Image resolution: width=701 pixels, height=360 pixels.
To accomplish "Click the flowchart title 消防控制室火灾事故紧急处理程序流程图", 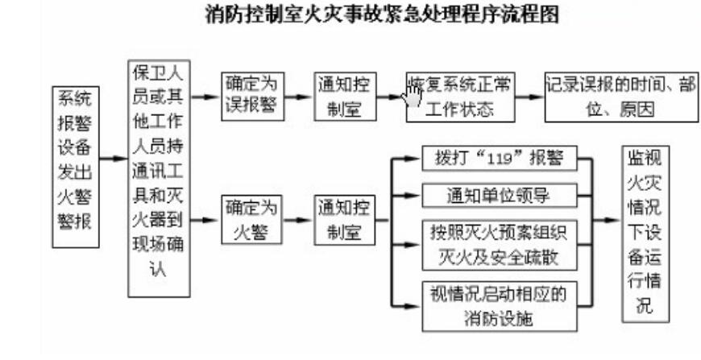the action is [x=382, y=14].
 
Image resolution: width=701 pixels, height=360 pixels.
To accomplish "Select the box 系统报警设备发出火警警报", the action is [x=76, y=167].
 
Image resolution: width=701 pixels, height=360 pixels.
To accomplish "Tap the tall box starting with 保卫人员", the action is [x=159, y=179].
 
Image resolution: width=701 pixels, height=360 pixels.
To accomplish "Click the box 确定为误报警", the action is [x=252, y=97].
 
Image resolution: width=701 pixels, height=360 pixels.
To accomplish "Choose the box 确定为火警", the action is [x=251, y=220].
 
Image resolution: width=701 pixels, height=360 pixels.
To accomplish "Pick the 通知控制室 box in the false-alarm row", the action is [x=345, y=97].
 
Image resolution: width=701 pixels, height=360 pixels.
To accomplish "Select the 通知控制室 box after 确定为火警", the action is [x=344, y=220].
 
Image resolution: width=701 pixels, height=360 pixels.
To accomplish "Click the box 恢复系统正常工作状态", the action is [x=460, y=97].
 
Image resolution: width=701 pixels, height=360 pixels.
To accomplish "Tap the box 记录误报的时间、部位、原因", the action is [x=621, y=97].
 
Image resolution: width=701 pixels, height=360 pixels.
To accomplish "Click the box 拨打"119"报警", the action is [x=500, y=158].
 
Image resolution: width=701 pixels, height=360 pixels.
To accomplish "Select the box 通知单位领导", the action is [x=500, y=195].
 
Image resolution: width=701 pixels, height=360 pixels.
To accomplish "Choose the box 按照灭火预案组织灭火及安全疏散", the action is [x=500, y=245].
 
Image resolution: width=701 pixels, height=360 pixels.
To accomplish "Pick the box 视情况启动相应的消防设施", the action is [x=500, y=306].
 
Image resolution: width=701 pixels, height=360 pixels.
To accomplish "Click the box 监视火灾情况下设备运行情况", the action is [x=645, y=234].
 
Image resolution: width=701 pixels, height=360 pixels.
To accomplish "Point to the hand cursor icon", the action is [x=411, y=95].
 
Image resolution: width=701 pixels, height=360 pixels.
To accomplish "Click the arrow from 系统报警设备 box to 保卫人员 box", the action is [x=114, y=159].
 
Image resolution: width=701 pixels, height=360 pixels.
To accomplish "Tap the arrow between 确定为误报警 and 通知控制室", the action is [x=299, y=97].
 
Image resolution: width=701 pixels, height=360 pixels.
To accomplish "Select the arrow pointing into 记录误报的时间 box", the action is [x=529, y=97].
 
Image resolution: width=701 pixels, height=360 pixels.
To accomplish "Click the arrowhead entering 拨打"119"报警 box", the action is [x=413, y=158].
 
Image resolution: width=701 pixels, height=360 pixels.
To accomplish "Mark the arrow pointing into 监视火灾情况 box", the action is [x=608, y=220].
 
